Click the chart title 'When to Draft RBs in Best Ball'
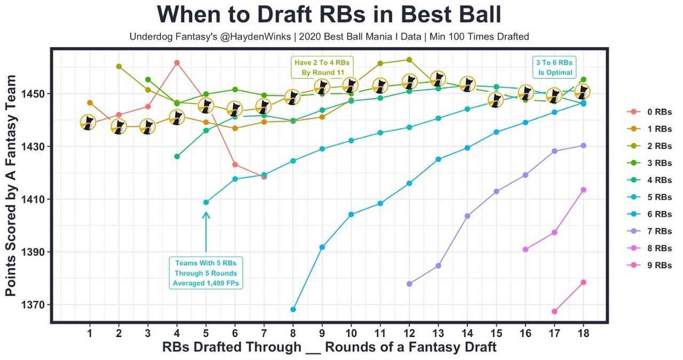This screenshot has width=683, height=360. click(329, 14)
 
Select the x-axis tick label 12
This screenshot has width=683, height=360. click(409, 333)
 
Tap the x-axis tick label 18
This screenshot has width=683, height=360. click(583, 333)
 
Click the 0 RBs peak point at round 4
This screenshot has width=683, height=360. click(177, 63)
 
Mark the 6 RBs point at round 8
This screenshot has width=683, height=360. click(293, 309)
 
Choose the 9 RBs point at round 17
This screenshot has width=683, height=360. click(554, 311)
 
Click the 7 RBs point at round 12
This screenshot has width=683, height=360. click(409, 284)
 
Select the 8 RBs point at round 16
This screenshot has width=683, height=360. click(526, 250)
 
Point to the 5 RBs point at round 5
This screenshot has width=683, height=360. click(206, 202)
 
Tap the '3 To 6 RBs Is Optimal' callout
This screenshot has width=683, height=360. click(555, 67)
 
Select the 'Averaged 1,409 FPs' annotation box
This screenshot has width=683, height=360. click(206, 273)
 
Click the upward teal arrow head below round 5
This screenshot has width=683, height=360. click(206, 215)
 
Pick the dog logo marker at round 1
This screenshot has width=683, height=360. click(89, 122)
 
